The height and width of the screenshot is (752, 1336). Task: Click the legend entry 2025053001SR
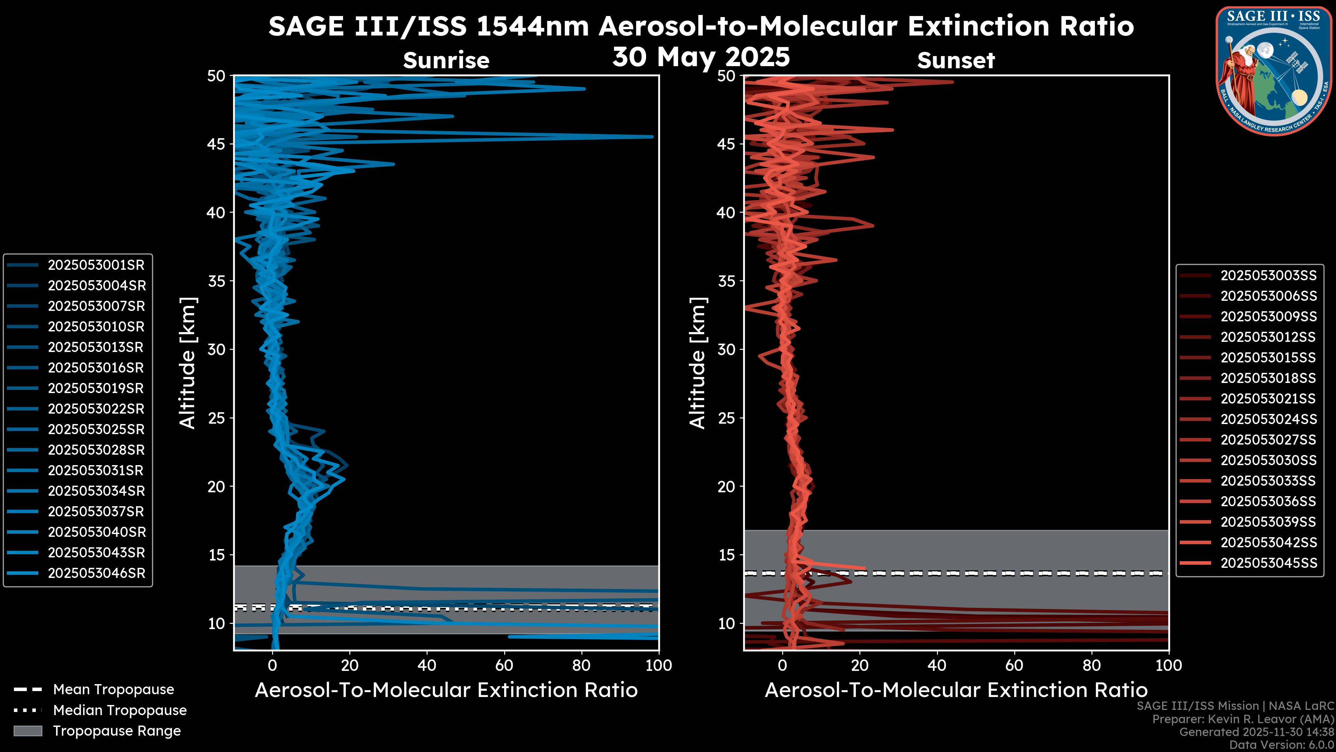point(96,265)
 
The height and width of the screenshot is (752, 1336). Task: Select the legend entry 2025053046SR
point(96,573)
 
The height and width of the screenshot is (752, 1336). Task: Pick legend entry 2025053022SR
point(96,409)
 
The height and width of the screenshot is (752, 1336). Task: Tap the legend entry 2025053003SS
point(1269,276)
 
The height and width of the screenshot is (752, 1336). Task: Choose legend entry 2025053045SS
point(1269,563)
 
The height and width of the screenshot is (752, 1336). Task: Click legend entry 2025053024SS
point(1269,419)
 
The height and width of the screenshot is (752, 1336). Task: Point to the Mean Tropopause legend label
point(113,690)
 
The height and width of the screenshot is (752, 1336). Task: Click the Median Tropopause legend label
point(120,711)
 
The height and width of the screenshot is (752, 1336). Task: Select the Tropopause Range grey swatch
point(28,731)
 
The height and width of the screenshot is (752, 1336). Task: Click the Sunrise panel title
point(446,61)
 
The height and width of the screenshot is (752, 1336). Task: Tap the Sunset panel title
point(956,61)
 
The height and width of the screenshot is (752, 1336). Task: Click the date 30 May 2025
point(701,57)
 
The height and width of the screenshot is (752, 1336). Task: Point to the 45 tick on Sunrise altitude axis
point(216,144)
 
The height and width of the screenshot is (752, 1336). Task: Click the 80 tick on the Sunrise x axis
point(581,665)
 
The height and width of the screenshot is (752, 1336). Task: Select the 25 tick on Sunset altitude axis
point(726,418)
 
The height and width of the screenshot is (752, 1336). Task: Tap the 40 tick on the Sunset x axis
point(937,665)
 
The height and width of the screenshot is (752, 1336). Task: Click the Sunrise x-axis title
point(446,690)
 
